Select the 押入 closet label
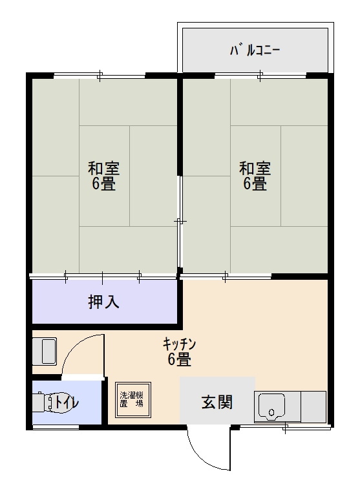coord(103,301)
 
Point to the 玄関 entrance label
coord(217,402)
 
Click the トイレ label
coord(67,402)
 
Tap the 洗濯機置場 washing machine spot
coord(131,399)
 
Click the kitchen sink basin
coord(271,406)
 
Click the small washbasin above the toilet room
coord(45,351)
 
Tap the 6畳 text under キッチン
coord(179,359)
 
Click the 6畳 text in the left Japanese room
coord(103,184)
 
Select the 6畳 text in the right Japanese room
coord(255,184)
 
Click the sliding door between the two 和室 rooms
coord(180,221)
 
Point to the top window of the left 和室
coord(99,76)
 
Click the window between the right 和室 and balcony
coord(260,76)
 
